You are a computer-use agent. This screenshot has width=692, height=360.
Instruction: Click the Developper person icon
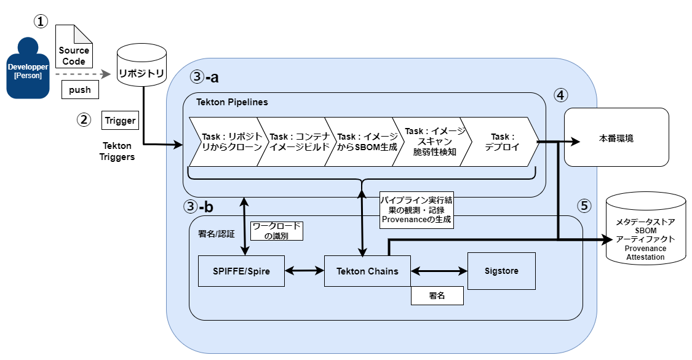click(x=28, y=68)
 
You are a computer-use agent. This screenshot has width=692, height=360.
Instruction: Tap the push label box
click(x=80, y=90)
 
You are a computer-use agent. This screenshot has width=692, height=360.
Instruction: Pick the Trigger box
click(x=120, y=121)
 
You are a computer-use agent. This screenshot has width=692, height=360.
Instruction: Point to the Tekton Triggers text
click(x=116, y=151)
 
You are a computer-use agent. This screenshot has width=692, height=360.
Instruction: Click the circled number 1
click(x=41, y=22)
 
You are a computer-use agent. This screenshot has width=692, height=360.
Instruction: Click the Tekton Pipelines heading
click(x=232, y=102)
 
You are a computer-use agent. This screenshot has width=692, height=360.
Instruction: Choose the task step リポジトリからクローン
click(x=228, y=142)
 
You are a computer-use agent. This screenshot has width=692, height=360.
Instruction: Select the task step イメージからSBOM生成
click(x=363, y=142)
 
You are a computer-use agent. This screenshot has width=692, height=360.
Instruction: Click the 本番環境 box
click(x=616, y=137)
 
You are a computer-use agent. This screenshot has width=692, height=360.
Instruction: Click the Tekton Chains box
click(x=367, y=271)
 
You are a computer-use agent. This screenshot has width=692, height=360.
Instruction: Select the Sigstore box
click(x=501, y=271)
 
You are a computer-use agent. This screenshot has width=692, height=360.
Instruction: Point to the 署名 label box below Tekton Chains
click(x=437, y=296)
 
